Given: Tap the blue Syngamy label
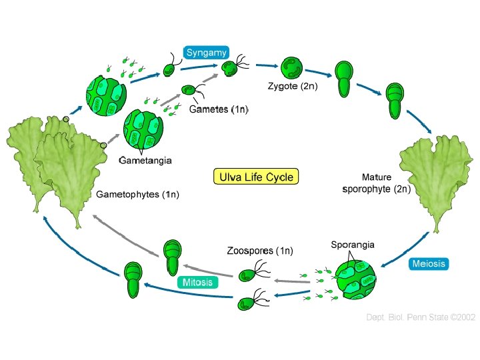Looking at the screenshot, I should [x=207, y=53].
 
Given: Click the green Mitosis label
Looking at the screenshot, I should [x=198, y=282].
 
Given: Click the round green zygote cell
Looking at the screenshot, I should [x=291, y=67].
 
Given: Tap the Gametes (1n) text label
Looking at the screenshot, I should [x=219, y=109].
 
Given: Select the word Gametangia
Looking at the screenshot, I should [x=145, y=160].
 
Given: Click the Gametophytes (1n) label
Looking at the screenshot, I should [x=138, y=195].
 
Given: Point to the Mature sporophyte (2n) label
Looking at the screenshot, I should [x=377, y=183].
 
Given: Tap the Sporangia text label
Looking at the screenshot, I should [x=353, y=245].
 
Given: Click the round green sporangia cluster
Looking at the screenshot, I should [x=355, y=281].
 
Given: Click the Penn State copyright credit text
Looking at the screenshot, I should [x=421, y=317].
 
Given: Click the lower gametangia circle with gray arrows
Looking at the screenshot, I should [x=143, y=131].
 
